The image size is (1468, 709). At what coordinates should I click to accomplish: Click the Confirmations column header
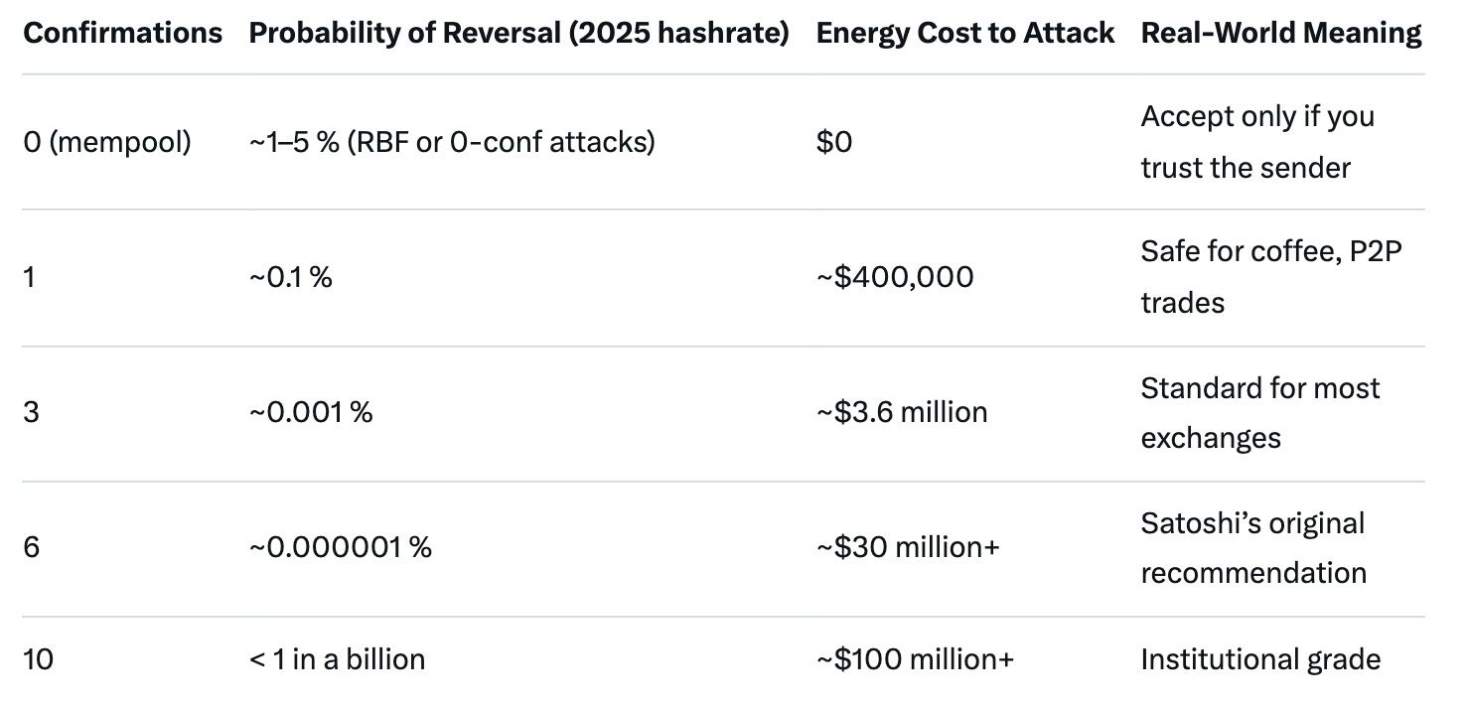point(122,33)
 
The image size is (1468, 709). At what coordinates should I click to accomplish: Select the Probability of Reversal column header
point(518,33)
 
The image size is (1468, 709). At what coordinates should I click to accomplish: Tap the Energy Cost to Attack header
point(964,33)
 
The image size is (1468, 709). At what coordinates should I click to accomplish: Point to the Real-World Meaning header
point(1280,33)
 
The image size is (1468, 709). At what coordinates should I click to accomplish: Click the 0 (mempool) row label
point(107,142)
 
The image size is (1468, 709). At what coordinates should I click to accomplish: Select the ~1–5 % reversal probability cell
point(452,142)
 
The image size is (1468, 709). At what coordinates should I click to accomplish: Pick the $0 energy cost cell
point(834,142)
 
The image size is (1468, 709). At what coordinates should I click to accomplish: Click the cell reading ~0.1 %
point(291,277)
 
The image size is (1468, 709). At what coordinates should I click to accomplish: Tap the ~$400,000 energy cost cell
point(895,277)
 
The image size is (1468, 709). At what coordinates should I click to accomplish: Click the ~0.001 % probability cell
point(311,412)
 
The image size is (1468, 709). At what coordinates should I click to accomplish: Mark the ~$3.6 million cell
point(902,412)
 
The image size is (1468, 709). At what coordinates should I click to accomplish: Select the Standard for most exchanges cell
point(1259,412)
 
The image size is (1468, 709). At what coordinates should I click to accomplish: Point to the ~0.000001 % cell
point(341,547)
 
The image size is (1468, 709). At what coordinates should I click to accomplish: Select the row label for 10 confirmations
point(38,659)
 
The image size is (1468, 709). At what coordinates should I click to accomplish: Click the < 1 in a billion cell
point(338,659)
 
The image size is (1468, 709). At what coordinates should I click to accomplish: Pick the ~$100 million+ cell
point(915,659)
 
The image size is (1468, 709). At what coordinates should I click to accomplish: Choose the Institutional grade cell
point(1260,659)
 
